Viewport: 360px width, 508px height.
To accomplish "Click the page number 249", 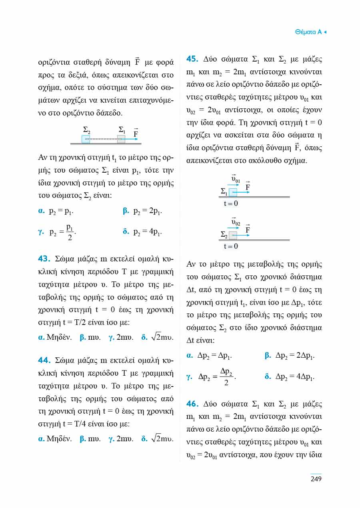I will point(316,479).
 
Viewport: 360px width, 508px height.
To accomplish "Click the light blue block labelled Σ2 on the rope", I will point(86,139).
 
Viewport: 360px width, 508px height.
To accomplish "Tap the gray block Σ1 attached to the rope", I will point(121,139).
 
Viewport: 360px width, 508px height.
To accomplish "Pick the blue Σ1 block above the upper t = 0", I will point(233,193).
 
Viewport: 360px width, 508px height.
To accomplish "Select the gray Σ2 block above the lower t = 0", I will point(233,235).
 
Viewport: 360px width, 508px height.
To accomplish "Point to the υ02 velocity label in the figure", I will point(236,221).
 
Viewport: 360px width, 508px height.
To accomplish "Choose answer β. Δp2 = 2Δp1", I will point(290,355).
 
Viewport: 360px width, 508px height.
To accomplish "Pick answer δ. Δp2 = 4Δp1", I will point(290,376).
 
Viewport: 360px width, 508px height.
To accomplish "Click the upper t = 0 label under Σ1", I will point(231,203).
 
